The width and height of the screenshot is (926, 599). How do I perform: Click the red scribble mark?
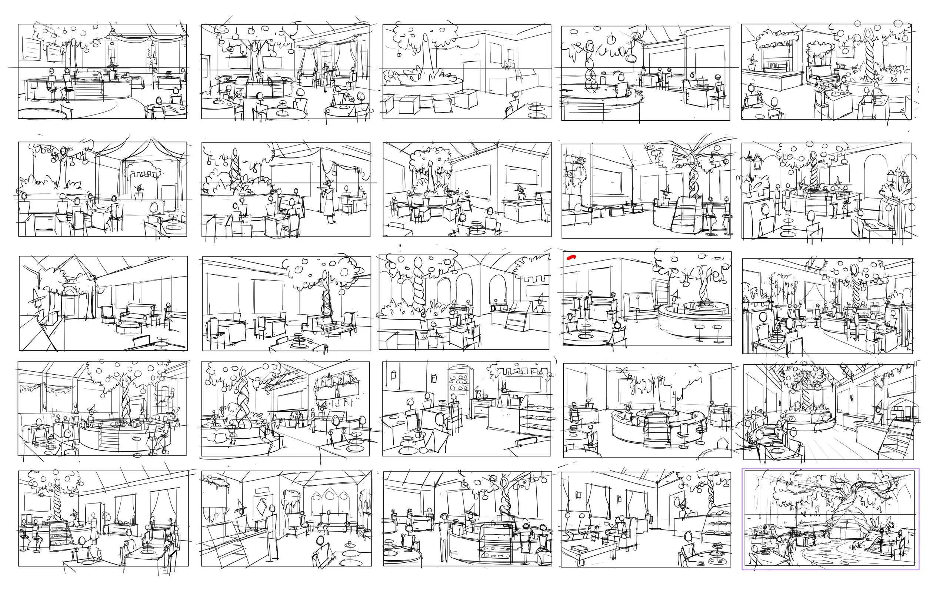coord(571,257)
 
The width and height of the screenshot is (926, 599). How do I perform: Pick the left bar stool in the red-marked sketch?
coord(700,331)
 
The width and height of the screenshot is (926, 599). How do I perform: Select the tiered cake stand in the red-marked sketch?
coord(584,329)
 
